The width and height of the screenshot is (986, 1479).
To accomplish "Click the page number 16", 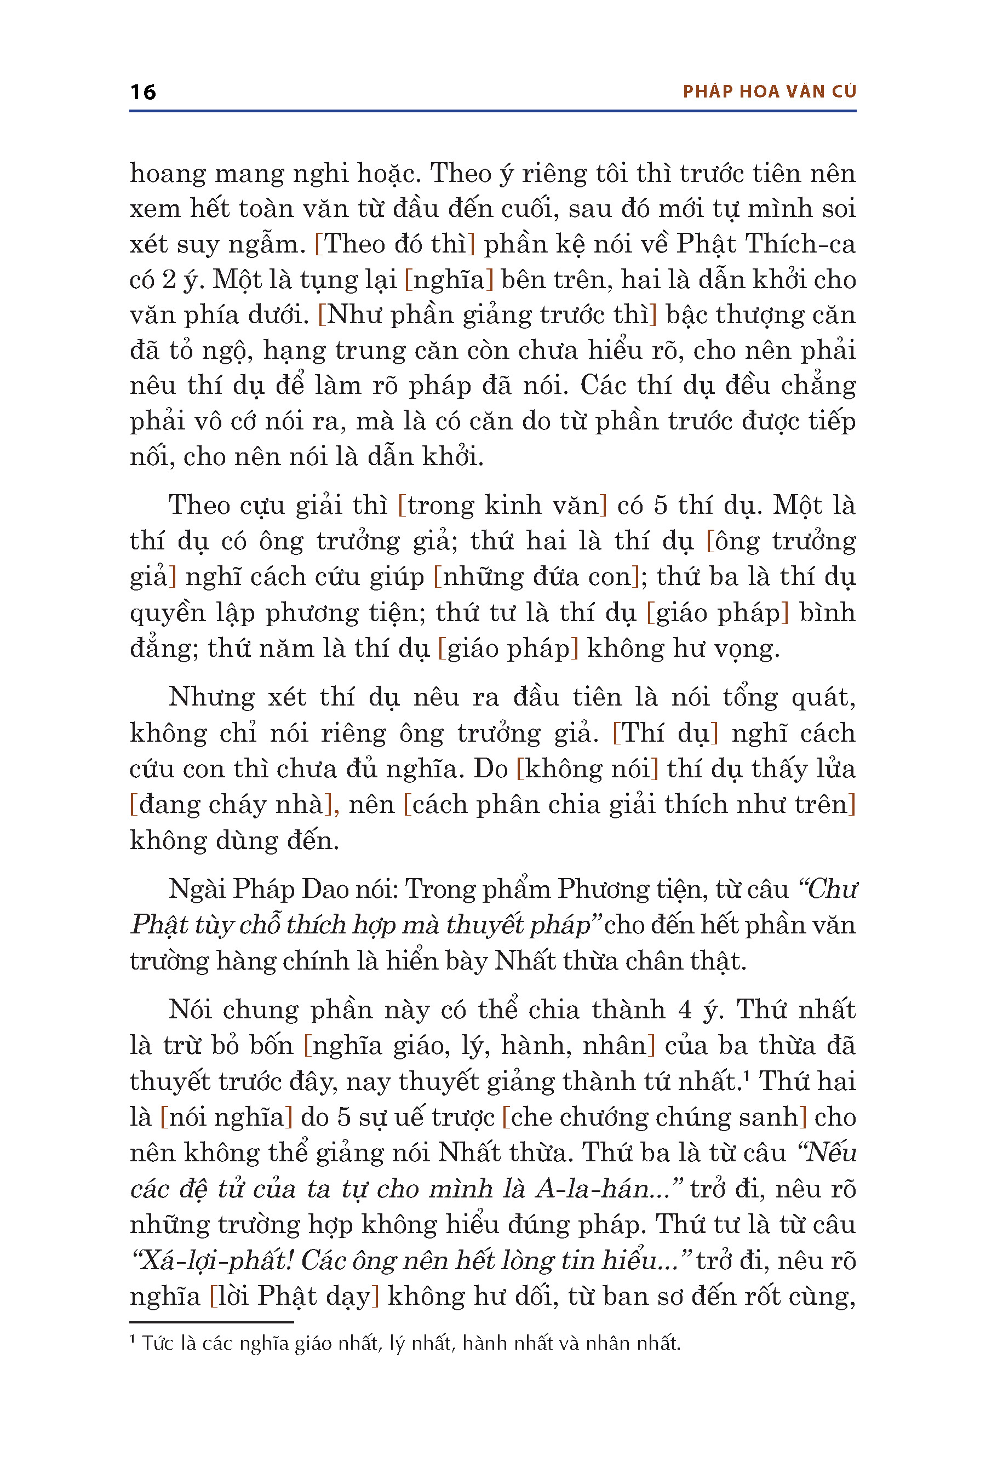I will pos(143,93).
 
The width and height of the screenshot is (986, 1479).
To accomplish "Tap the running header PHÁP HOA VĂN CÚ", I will pos(769,92).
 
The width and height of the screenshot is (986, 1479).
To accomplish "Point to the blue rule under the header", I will pos(492,111).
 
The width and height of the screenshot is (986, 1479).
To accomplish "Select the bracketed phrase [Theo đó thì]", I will pos(394,244).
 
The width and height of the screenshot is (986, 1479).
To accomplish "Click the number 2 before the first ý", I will pos(169,280).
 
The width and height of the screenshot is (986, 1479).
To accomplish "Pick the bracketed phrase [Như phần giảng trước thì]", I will pos(488,315).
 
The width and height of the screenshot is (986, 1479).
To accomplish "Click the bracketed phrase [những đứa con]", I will pos(536,577).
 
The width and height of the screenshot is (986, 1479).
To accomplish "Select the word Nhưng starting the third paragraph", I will pos(211,697).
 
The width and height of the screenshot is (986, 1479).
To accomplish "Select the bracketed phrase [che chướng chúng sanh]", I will pos(654,1117).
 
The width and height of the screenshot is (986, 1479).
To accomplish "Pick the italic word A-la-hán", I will pos(593,1189).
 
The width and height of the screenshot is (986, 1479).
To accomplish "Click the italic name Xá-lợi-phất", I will pos(214,1261).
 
